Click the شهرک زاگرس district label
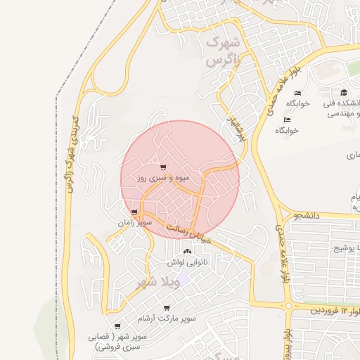pyautogui.click(x=223, y=51)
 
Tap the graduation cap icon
pyautogui.click(x=344, y=93)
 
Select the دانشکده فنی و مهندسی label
pyautogui.click(x=343, y=108)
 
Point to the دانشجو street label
pyautogui.click(x=307, y=216)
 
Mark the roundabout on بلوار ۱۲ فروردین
pyautogui.click(x=288, y=305)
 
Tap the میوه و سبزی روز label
pyautogui.click(x=163, y=179)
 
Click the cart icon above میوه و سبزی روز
pyautogui.click(x=163, y=167)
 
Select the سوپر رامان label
pyautogui.click(x=135, y=222)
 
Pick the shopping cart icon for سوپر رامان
pyautogui.click(x=134, y=212)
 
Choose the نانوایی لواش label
pyautogui.click(x=186, y=262)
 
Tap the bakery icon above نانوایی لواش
pyautogui.click(x=187, y=251)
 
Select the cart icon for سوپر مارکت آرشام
pyautogui.click(x=167, y=308)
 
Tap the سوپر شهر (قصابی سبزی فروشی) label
pyautogui.click(x=117, y=342)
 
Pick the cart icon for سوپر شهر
pyautogui.click(x=117, y=326)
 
